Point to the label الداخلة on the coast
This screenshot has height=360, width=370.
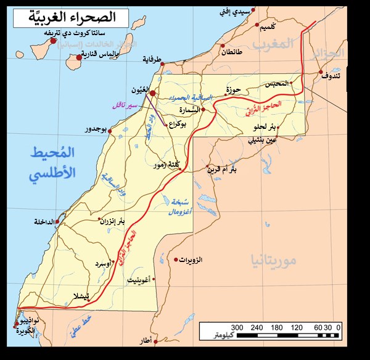40,221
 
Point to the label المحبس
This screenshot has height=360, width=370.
276,84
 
